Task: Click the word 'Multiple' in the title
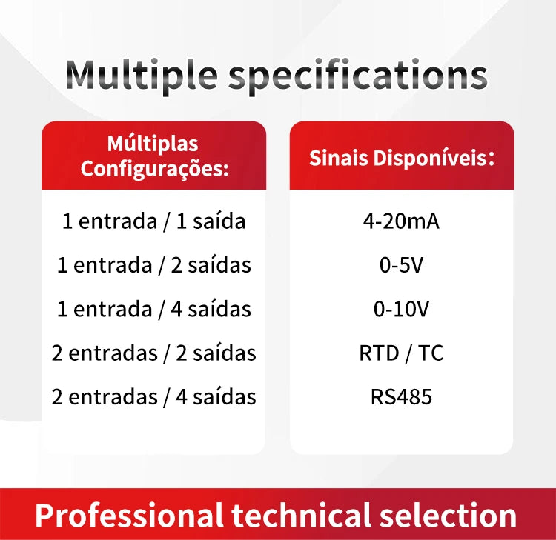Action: (142, 76)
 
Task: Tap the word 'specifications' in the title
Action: (358, 76)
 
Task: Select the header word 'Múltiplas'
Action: (153, 144)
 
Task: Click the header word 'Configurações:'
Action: (154, 169)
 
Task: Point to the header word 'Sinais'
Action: (339, 158)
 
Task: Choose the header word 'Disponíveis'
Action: (431, 158)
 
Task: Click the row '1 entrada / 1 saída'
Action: (154, 221)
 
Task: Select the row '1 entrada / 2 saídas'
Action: (154, 265)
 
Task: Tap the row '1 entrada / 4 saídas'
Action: (154, 309)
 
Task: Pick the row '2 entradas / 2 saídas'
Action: (154, 353)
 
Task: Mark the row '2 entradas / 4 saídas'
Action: (154, 397)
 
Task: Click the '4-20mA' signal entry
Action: (401, 221)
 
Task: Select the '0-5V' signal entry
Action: (401, 265)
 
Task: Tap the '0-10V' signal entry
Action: (401, 309)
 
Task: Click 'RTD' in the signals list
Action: (379, 353)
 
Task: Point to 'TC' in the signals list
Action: (431, 353)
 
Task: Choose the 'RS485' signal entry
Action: (401, 397)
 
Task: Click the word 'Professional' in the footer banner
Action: (129, 516)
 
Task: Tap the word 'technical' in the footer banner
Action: (301, 516)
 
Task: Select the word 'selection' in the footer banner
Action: (448, 516)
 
